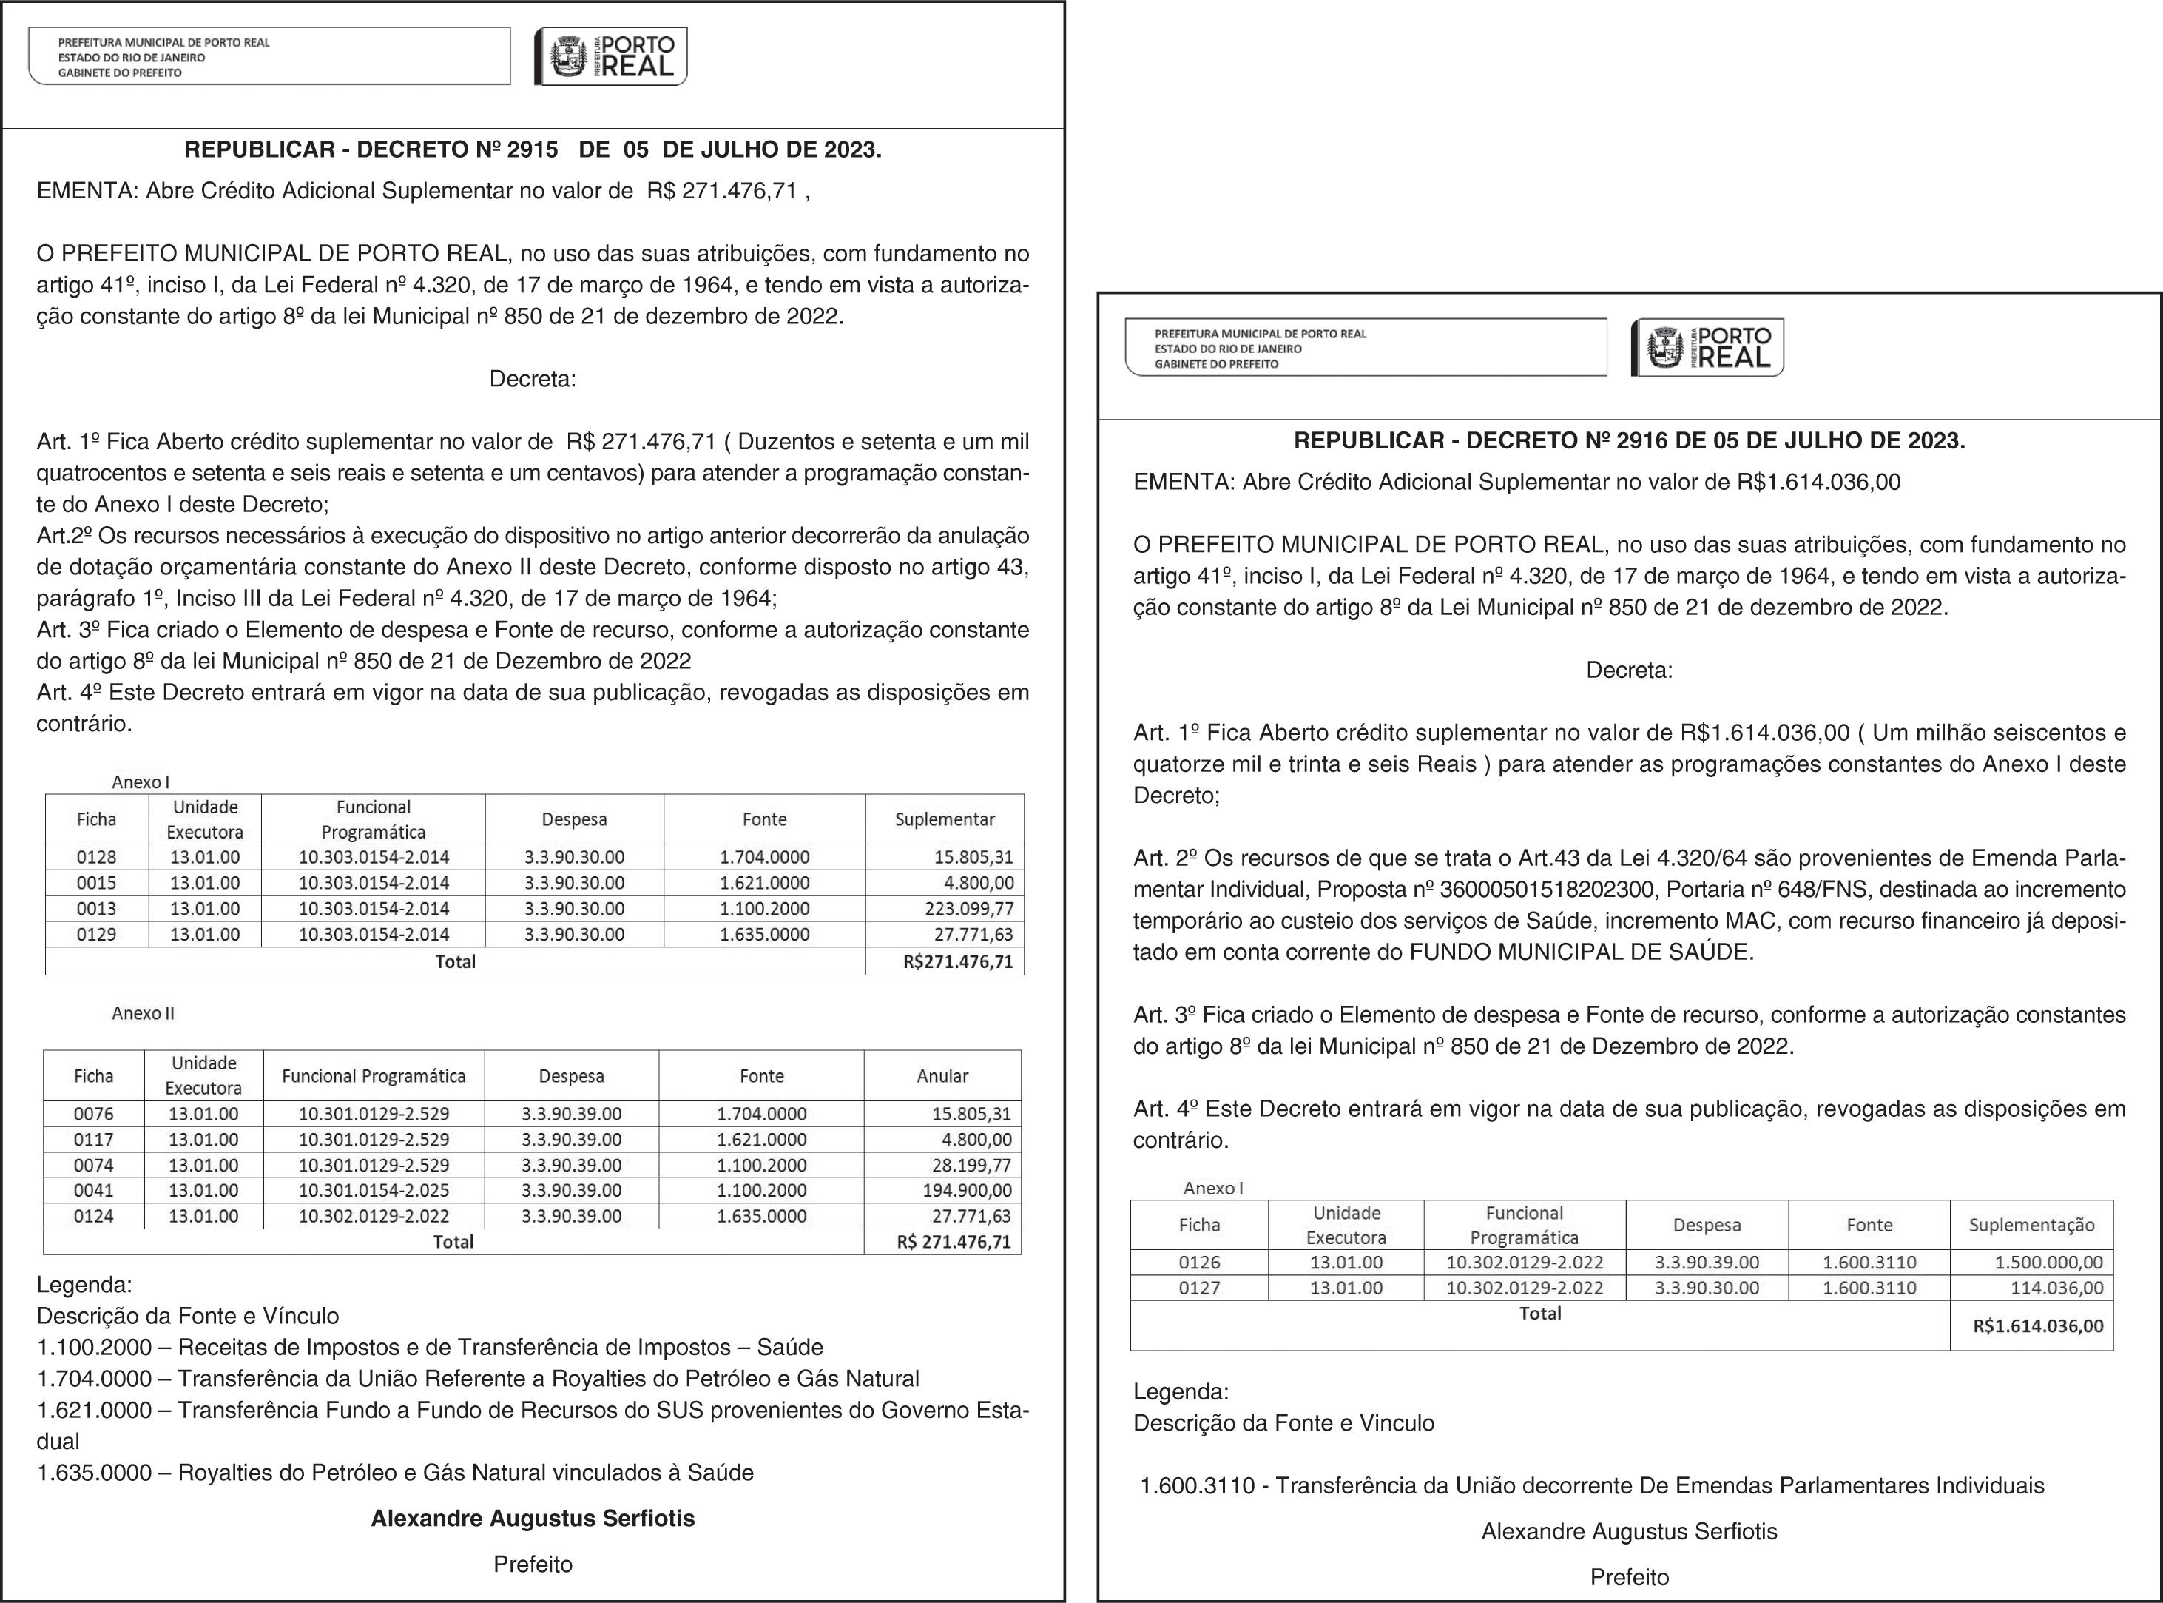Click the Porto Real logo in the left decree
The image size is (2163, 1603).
[x=610, y=56]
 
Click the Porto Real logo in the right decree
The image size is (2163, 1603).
[x=1707, y=347]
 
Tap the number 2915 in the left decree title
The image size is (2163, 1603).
[x=533, y=150]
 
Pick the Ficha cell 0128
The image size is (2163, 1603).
[x=96, y=858]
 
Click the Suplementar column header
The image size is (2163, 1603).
[x=944, y=820]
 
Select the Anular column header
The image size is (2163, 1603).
[x=942, y=1076]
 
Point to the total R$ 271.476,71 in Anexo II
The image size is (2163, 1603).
[x=954, y=1242]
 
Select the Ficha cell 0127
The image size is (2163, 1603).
[x=1199, y=1288]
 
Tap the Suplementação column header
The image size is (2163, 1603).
[x=2031, y=1226]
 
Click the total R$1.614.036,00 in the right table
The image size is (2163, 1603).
[x=2038, y=1326]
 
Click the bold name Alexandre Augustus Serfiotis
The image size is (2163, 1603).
[x=533, y=1519]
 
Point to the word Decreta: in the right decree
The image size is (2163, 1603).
[x=1629, y=671]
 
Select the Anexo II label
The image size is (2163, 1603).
[x=143, y=1013]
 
